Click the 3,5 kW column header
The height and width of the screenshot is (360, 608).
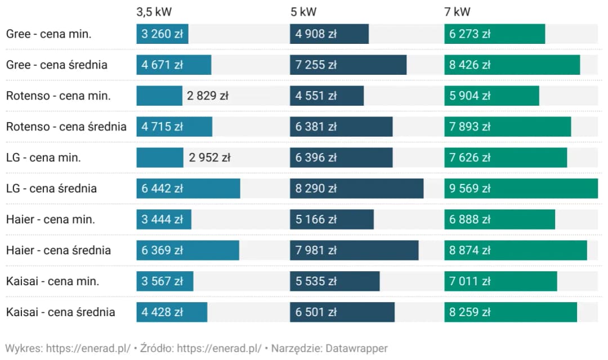click(154, 11)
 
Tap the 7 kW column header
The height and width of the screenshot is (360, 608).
click(457, 11)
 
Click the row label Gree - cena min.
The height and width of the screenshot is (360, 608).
click(48, 34)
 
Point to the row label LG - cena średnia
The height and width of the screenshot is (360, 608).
click(51, 188)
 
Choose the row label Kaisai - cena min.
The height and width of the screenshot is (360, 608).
click(52, 281)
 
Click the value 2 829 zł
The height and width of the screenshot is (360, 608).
click(208, 96)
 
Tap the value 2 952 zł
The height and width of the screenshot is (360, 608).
click(209, 157)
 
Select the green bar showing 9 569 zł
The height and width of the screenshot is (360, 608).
click(521, 188)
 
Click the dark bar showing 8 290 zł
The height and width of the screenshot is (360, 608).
click(356, 188)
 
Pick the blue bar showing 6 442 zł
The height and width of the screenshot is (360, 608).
click(188, 188)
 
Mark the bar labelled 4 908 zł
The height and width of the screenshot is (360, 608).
click(329, 34)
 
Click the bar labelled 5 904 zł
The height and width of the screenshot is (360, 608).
click(491, 96)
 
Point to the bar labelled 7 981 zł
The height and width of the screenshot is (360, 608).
click(354, 250)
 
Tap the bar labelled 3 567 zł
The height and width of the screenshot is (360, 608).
click(164, 281)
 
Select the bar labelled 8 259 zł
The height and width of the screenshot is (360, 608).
click(510, 312)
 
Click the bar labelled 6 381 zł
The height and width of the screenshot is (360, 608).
click(341, 127)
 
